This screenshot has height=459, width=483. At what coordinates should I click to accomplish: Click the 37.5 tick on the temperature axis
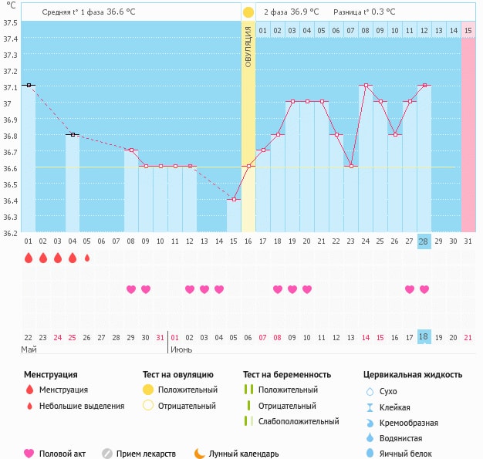[11, 22]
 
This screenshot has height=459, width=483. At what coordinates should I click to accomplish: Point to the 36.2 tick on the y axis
[11, 232]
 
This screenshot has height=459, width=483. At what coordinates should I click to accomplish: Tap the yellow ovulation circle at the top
[248, 12]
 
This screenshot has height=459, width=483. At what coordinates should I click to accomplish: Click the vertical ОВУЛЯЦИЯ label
[248, 46]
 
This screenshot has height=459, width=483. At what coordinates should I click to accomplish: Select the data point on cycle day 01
[29, 85]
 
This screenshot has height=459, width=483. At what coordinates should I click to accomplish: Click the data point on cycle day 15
[234, 199]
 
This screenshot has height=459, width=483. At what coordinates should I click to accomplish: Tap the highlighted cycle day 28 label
[424, 241]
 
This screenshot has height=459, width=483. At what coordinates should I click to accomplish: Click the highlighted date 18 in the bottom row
[424, 337]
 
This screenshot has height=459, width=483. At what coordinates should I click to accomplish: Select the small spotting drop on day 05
[87, 258]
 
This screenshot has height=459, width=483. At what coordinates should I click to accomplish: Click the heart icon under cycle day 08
[131, 289]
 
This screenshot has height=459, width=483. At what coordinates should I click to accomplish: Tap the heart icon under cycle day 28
[424, 289]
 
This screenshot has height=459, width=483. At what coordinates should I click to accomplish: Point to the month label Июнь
[181, 349]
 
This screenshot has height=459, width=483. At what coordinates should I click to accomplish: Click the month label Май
[29, 349]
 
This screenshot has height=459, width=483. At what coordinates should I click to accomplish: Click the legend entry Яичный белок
[411, 454]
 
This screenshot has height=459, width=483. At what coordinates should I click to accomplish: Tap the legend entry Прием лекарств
[145, 454]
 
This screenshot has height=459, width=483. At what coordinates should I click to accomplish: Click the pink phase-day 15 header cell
[468, 30]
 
